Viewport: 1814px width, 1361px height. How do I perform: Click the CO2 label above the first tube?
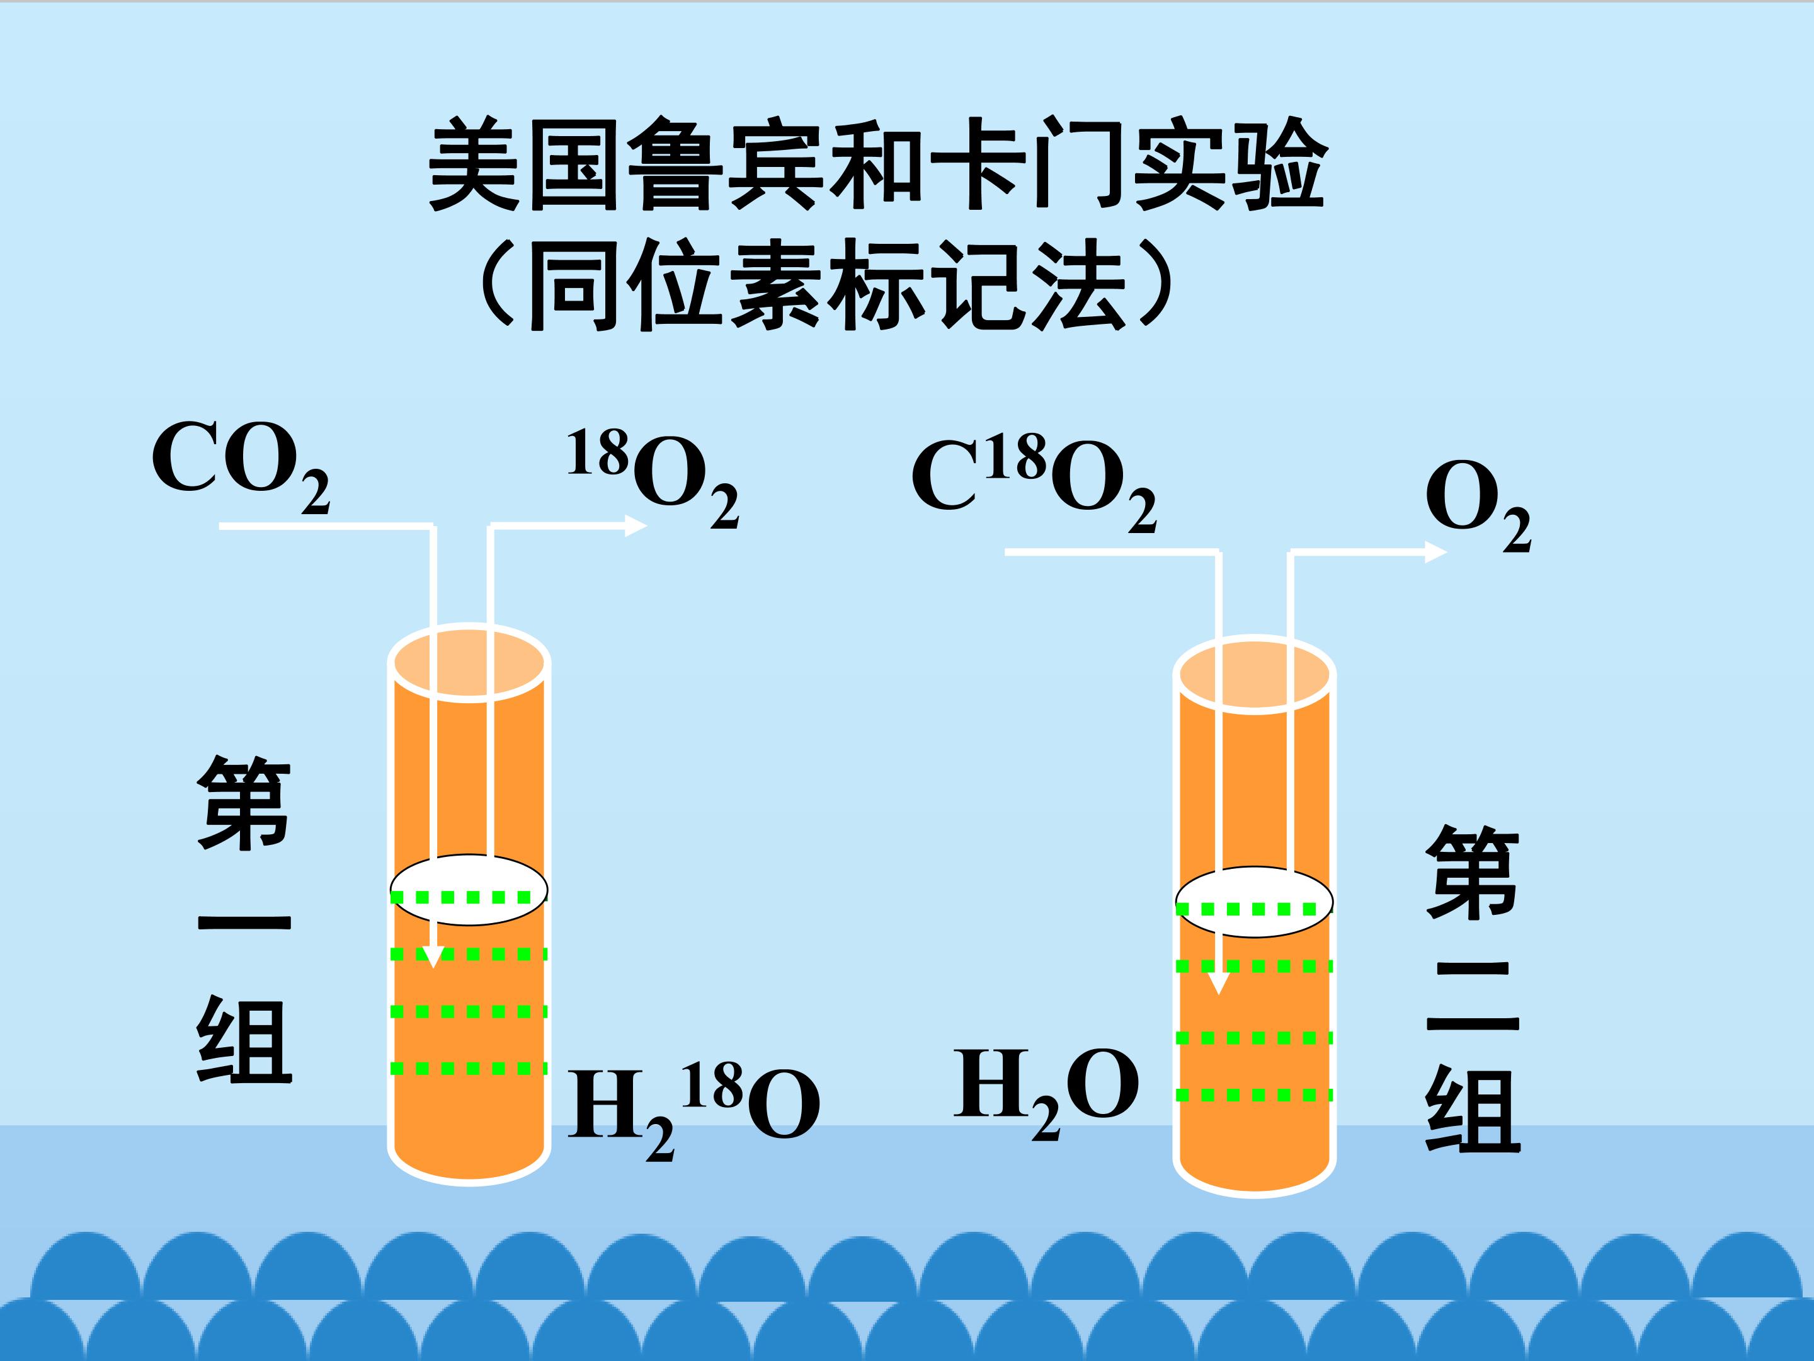tap(240, 467)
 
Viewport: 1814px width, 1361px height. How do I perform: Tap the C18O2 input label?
tap(1034, 484)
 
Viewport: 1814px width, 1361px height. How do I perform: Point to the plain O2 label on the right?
tap(1478, 506)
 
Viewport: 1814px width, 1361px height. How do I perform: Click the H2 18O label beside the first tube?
tap(693, 1111)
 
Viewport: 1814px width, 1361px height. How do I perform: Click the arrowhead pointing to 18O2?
tap(636, 526)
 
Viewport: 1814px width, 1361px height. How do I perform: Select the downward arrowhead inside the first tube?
tap(432, 956)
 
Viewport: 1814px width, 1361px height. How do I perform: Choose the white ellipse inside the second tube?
tap(1254, 902)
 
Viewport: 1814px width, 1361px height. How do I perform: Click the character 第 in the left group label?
tap(244, 803)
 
